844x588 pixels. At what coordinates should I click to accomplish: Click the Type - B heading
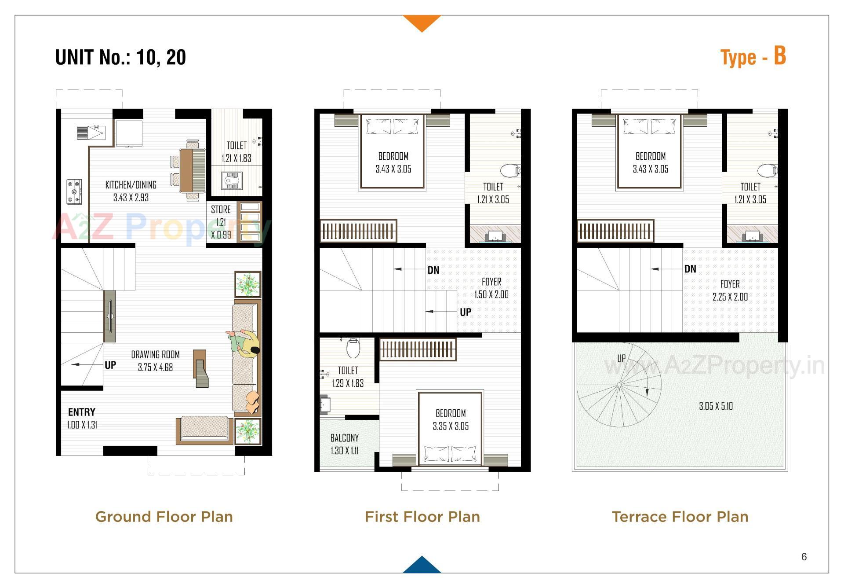point(753,57)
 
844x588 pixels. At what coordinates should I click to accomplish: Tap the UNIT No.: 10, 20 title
point(120,58)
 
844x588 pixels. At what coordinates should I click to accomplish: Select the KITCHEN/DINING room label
point(131,185)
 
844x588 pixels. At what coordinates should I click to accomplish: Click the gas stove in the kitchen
point(74,192)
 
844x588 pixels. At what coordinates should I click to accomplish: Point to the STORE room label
point(221,209)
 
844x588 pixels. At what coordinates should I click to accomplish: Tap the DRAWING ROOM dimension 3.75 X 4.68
point(155,367)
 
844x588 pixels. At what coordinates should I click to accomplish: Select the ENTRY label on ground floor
point(82,412)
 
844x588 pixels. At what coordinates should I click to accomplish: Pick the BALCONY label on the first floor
point(344,438)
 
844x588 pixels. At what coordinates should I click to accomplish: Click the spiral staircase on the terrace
point(619,385)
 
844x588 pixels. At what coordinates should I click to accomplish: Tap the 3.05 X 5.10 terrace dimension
point(716,406)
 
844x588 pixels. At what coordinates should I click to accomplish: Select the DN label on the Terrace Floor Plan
point(690,269)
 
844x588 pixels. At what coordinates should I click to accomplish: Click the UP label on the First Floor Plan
point(466,312)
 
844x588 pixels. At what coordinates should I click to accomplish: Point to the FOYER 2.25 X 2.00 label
point(730,290)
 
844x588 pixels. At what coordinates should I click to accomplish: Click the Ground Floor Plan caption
point(164,517)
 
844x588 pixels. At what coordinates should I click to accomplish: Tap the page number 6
point(804,557)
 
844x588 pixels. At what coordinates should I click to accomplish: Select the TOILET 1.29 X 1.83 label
point(348,377)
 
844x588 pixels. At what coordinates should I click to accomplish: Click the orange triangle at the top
point(422,22)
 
